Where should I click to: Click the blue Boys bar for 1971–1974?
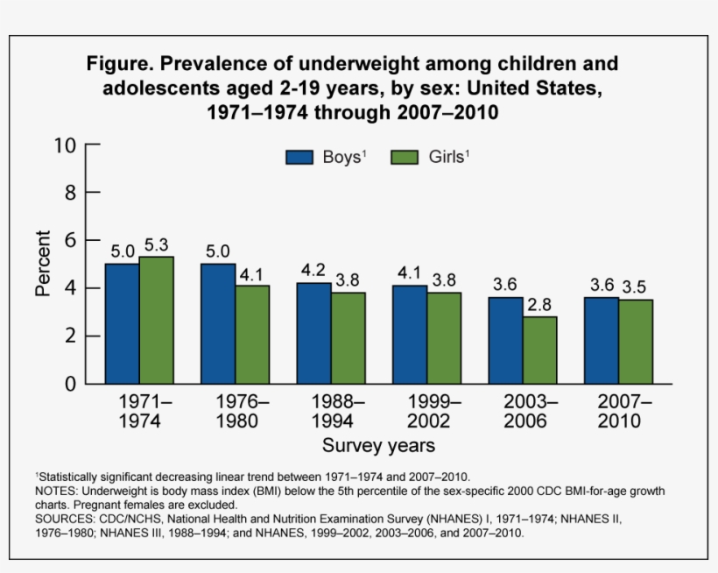coord(122,323)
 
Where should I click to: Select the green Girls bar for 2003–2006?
coord(541,350)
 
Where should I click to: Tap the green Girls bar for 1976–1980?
coord(252,334)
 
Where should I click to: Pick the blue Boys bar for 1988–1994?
coord(313,333)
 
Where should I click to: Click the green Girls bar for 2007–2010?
coord(636,342)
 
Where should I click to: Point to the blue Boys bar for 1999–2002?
coord(410,334)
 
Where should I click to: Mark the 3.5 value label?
coord(636,287)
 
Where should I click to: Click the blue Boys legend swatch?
coord(299,158)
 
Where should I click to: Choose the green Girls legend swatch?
coord(405,158)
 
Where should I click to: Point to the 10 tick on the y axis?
coord(67,145)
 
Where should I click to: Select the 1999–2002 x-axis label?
coord(428,411)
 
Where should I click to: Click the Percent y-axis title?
coord(43,264)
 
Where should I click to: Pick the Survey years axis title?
coord(378,446)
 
